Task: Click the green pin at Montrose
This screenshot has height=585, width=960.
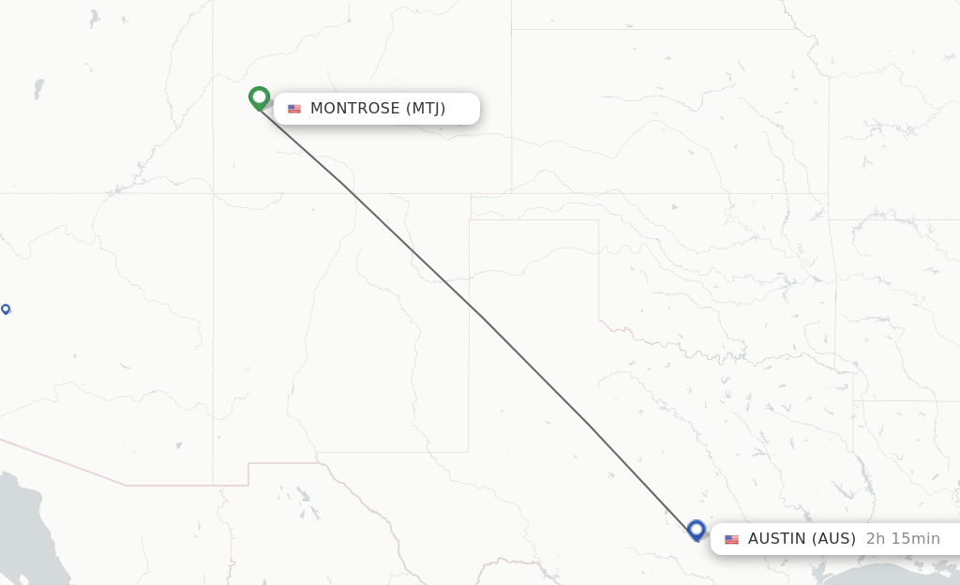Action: (260, 97)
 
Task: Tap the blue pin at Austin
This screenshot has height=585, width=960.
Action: (696, 530)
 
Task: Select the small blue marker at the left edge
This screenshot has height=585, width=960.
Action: (6, 308)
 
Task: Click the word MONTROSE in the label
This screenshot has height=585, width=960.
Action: (355, 109)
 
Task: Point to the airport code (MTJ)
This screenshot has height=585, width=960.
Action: (426, 109)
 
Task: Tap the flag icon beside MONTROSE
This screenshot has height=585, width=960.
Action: (294, 109)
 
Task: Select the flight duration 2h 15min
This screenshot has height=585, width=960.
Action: (903, 539)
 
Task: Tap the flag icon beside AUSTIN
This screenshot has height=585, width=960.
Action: (731, 539)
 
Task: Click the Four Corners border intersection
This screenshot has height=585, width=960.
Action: (213, 193)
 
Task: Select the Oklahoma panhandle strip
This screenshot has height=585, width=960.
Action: (534, 207)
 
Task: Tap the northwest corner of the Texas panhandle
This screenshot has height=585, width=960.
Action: (470, 220)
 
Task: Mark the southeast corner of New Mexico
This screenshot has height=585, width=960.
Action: (469, 452)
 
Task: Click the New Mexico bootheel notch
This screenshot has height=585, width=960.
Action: (248, 473)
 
